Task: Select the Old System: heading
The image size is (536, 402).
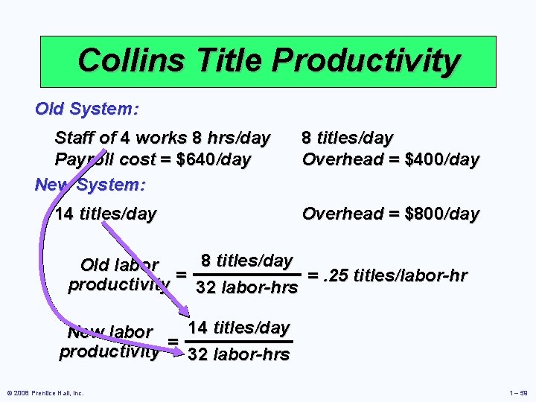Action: (86, 109)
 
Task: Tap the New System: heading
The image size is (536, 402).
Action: (90, 183)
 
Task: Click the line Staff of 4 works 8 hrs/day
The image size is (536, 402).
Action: (162, 138)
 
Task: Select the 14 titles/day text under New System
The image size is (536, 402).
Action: (106, 214)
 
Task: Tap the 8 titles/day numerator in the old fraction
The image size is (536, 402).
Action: (246, 261)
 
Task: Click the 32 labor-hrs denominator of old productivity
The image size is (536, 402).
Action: (246, 288)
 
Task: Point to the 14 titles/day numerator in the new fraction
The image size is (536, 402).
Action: (238, 328)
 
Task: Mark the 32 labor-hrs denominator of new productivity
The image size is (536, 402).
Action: (238, 354)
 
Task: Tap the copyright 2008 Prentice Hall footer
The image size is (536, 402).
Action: (45, 393)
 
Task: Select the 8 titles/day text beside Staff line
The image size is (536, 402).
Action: (347, 138)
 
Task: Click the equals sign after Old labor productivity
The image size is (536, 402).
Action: (181, 275)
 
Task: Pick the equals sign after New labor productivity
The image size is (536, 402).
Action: (173, 342)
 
